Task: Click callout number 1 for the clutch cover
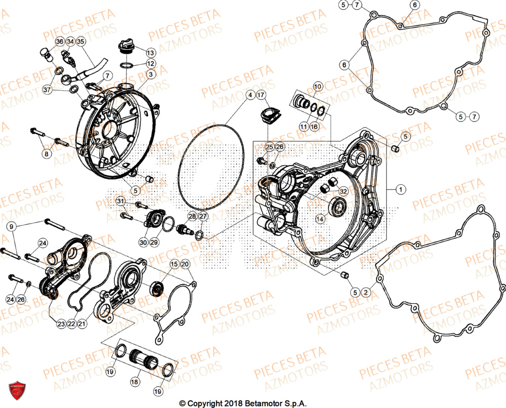(x=400, y=190)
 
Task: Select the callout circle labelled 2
(x=366, y=292)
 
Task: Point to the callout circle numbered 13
(x=151, y=52)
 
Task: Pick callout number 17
(x=261, y=95)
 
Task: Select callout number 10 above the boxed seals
(x=317, y=87)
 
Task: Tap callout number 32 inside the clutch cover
(x=343, y=191)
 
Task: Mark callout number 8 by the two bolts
(x=47, y=154)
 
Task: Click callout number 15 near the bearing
(x=174, y=264)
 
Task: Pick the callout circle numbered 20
(x=185, y=264)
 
